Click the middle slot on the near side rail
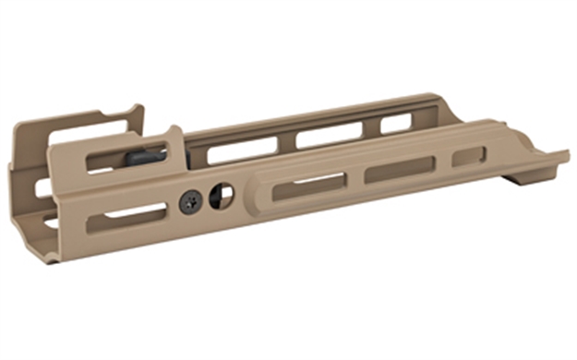[399, 171]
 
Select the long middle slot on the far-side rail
[328, 136]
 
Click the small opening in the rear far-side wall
[42, 188]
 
